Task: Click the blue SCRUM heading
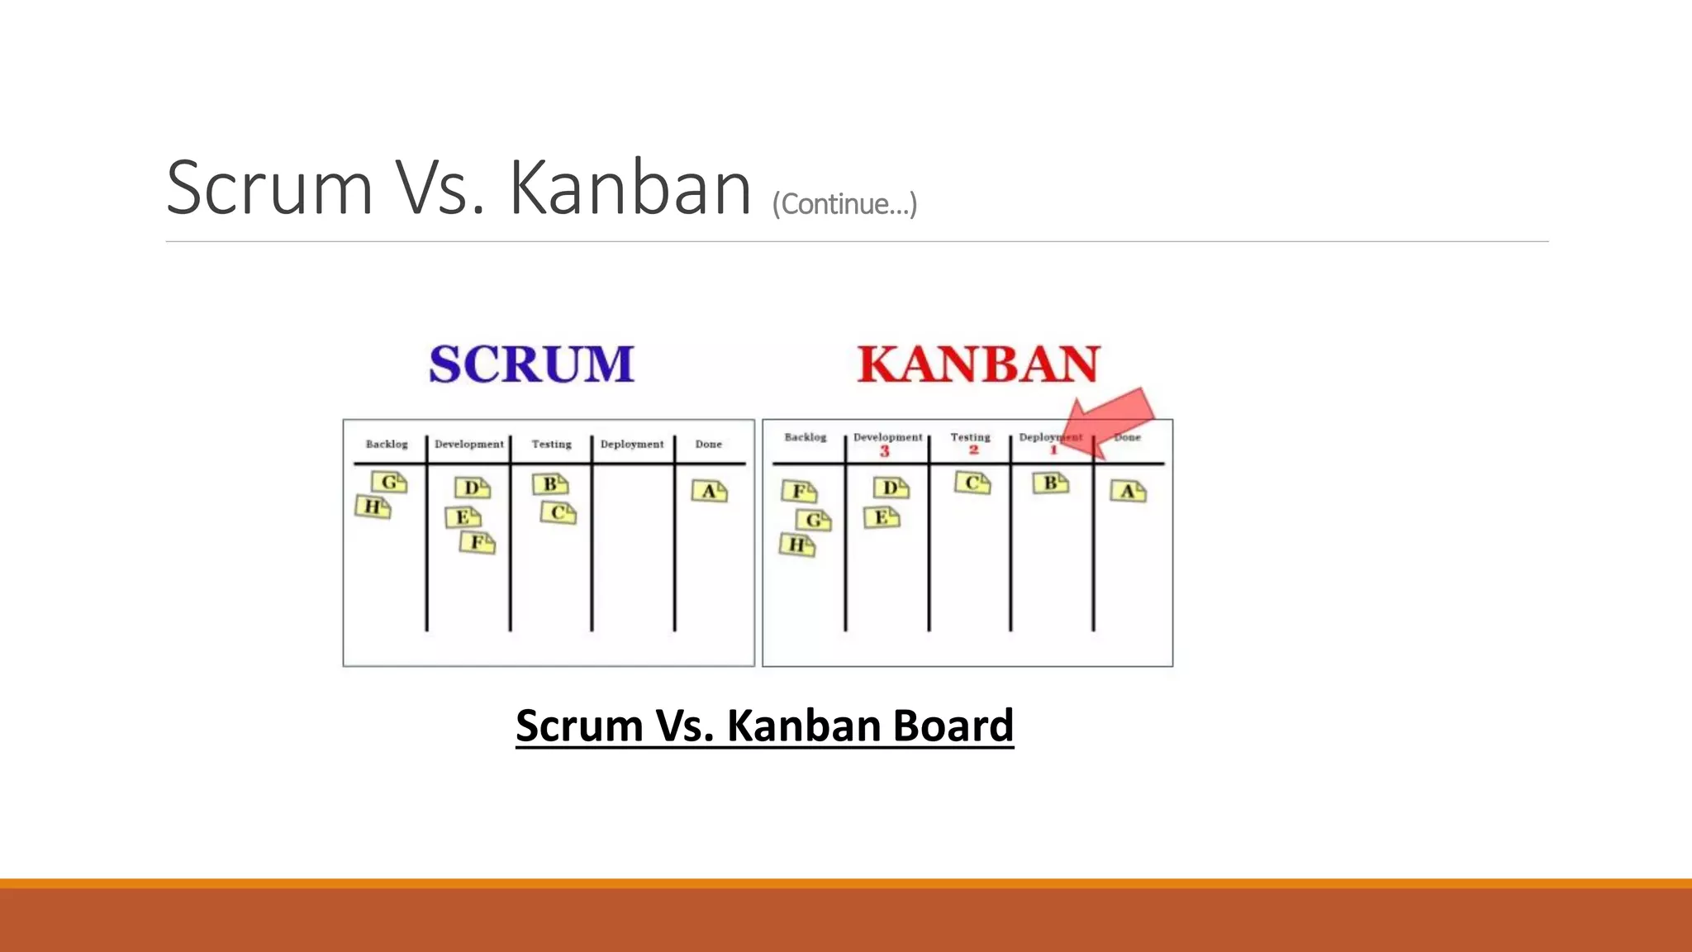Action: tap(531, 364)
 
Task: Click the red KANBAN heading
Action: tap(978, 364)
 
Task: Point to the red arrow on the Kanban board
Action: tap(1110, 420)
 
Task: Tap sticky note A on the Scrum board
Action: tap(710, 492)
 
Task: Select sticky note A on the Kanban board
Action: tap(1128, 492)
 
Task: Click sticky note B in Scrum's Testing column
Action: tap(550, 484)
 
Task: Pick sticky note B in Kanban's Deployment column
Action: tap(1051, 483)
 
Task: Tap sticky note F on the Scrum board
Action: tap(478, 543)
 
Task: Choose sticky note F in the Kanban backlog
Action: tap(800, 492)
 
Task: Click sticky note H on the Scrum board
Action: tap(373, 507)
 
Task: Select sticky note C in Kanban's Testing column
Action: tap(972, 483)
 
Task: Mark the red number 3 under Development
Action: tap(885, 451)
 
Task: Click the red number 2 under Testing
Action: tap(973, 450)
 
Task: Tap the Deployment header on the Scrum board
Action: tap(632, 444)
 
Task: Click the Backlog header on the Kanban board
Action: tap(806, 437)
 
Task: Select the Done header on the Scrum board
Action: tap(709, 444)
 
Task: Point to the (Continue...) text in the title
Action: tap(844, 204)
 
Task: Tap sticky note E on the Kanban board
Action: tap(882, 518)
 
